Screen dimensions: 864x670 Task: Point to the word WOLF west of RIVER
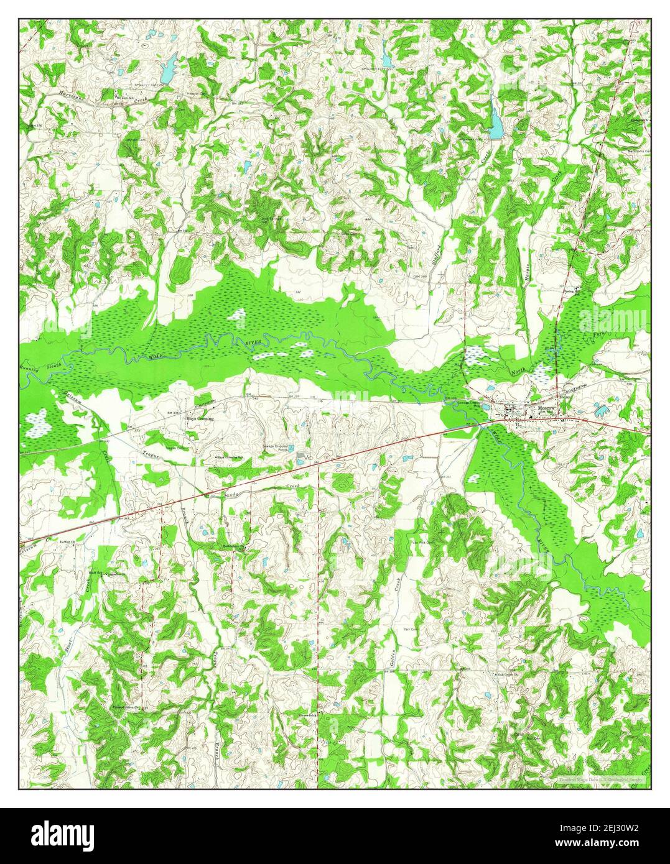click(x=156, y=356)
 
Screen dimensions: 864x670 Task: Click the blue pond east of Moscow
click(x=600, y=410)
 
